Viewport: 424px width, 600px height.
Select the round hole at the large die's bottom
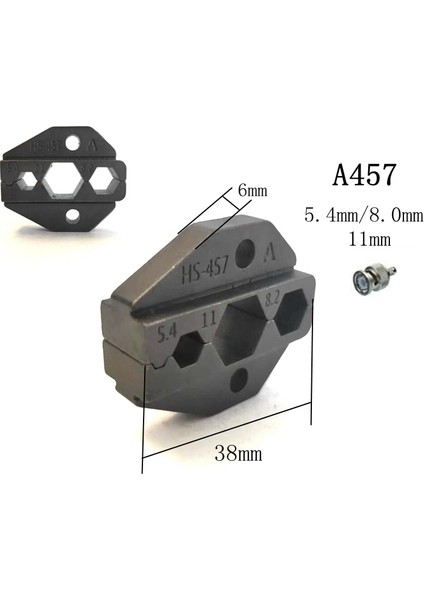click(x=240, y=384)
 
